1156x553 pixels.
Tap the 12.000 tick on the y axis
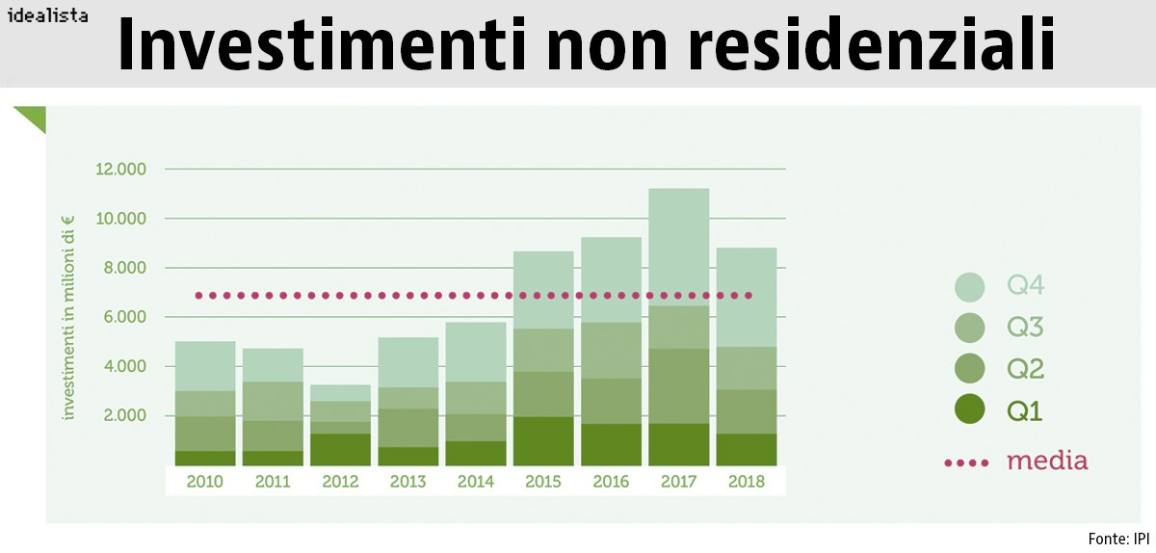tap(120, 170)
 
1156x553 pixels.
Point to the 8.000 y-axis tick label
tap(123, 268)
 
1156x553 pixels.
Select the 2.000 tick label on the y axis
tap(123, 415)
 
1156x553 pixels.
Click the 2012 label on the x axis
tap(340, 481)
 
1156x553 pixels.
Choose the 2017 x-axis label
tap(678, 481)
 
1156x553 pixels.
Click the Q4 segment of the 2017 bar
tap(678, 247)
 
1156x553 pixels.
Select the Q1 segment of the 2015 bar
tap(543, 440)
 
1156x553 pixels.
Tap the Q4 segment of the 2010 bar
tap(205, 366)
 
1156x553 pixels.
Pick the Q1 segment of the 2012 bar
tap(340, 449)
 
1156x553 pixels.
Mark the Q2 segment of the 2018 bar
tap(746, 411)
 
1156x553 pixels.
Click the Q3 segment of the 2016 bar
tap(611, 350)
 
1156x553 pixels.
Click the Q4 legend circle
tap(970, 286)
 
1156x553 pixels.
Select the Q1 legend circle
tap(970, 410)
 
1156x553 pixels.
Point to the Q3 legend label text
tap(1025, 328)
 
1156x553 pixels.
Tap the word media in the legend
tap(1047, 461)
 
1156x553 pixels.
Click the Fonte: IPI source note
tap(1118, 538)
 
